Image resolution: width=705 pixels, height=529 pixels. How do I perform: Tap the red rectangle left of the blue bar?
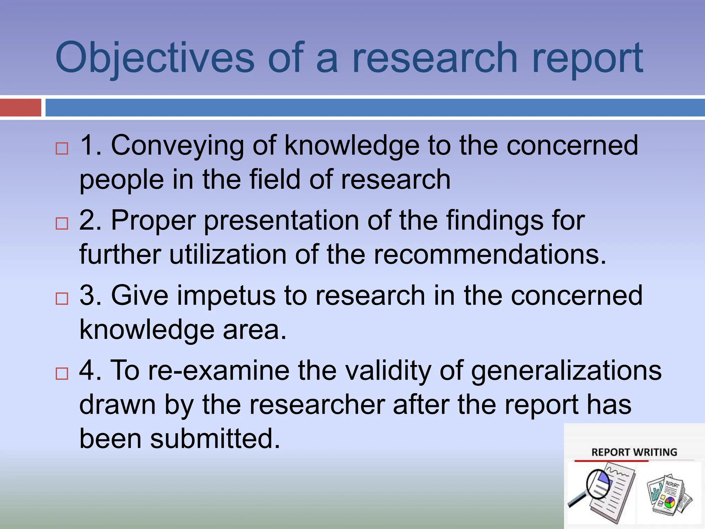[20, 107]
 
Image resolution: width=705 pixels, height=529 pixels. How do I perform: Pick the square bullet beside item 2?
[62, 224]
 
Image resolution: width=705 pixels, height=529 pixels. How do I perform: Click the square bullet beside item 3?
[62, 298]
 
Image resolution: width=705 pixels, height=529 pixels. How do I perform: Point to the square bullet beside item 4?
[62, 373]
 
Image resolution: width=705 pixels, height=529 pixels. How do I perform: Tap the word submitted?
[215, 439]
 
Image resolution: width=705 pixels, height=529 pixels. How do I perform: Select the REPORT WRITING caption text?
[634, 452]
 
